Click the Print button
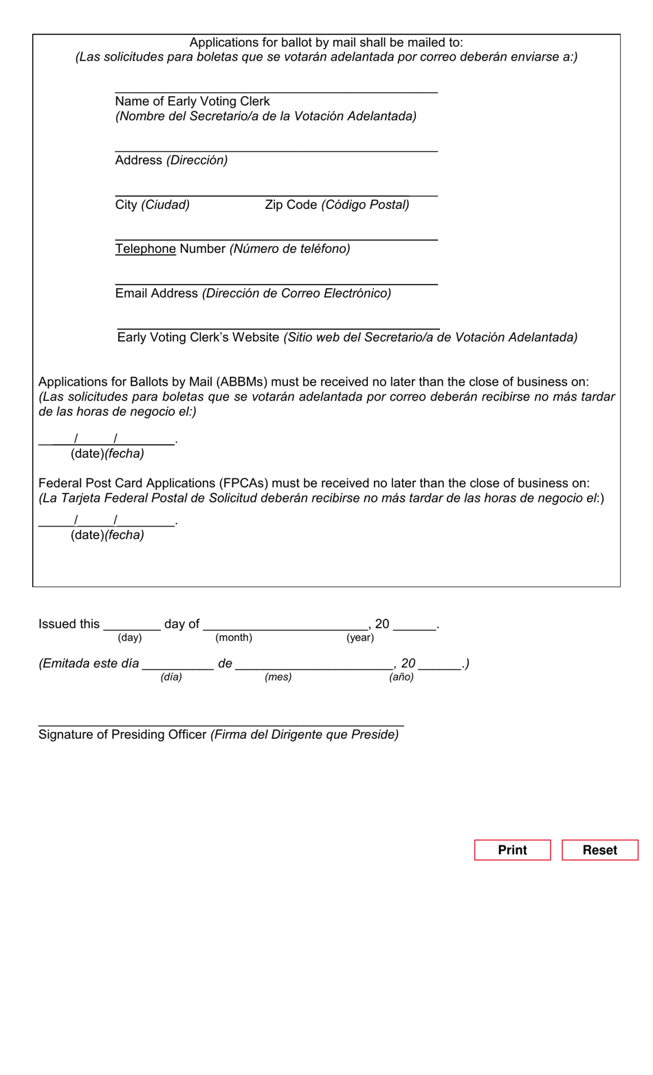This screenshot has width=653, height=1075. click(x=512, y=850)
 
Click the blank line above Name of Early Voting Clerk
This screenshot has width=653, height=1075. click(x=276, y=88)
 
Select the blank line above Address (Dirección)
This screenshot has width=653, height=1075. click(x=276, y=146)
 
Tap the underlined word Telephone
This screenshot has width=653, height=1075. click(x=145, y=249)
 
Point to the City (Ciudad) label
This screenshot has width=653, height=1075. click(x=152, y=205)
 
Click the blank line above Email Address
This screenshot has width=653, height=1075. click(x=276, y=280)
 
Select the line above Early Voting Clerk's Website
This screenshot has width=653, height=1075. click(x=278, y=325)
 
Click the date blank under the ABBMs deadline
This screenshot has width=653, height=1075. click(x=107, y=439)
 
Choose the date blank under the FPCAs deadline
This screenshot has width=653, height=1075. click(x=107, y=521)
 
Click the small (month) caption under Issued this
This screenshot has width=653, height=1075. click(x=234, y=638)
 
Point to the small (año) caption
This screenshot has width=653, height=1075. click(x=401, y=677)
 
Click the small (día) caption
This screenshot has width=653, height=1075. click(x=171, y=677)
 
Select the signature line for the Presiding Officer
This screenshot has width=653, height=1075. click(x=221, y=722)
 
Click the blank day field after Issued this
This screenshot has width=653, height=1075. click(x=131, y=625)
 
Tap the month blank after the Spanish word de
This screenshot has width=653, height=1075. click(x=313, y=664)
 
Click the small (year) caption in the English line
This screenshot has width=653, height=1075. click(x=360, y=638)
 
